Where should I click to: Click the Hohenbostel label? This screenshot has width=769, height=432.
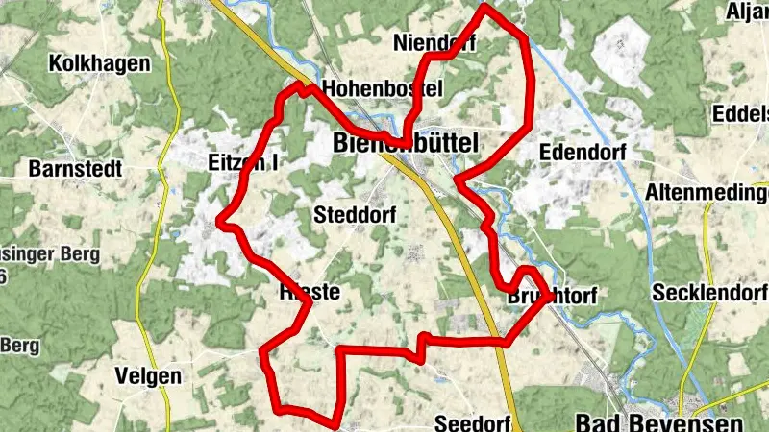pyautogui.click(x=382, y=88)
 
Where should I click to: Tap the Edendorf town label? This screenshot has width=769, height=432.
pyautogui.click(x=583, y=153)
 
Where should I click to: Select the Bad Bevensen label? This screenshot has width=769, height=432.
pyautogui.click(x=658, y=421)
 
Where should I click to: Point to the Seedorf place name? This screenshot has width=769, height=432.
pyautogui.click(x=471, y=422)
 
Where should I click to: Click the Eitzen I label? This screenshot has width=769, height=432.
pyautogui.click(x=242, y=163)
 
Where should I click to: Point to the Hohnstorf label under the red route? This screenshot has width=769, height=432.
pyautogui.click(x=308, y=292)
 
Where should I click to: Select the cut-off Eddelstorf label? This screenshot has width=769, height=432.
pyautogui.click(x=740, y=113)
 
